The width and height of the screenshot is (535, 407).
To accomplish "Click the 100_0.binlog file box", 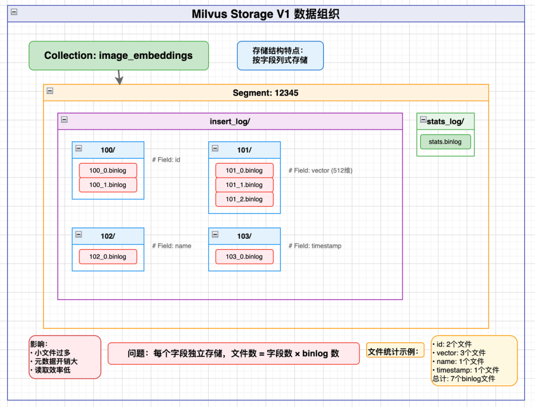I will tap(108, 170).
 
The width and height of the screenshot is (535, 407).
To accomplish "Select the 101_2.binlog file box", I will tap(244, 199).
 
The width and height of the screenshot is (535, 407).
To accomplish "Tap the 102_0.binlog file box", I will tap(108, 256).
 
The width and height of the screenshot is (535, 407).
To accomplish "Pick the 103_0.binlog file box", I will tap(244, 256).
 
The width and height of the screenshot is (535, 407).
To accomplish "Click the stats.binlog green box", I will tap(445, 142).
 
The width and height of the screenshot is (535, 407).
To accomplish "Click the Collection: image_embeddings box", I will tap(118, 55).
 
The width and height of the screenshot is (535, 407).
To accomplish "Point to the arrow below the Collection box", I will tap(119, 77).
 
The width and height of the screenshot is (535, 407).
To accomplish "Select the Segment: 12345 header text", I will tap(266, 93).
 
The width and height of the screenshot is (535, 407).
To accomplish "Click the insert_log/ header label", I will tap(230, 121).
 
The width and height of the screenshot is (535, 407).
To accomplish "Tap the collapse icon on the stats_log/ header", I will tap(423, 120).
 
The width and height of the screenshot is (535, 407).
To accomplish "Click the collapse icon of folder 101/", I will tap(215, 148).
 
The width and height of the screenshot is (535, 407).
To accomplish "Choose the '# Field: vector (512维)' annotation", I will tap(320, 170).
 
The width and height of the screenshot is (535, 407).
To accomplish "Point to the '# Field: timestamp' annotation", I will tap(315, 246).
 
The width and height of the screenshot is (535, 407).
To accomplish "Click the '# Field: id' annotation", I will tap(166, 159).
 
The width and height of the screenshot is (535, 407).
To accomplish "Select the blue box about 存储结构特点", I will tap(280, 55).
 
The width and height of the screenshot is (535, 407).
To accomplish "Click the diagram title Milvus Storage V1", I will tap(266, 14).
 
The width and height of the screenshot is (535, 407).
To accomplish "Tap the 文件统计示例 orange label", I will tap(395, 352).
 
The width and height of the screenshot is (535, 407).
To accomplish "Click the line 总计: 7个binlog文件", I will tap(463, 379).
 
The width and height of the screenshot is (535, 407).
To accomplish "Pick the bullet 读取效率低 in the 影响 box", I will tap(53, 370).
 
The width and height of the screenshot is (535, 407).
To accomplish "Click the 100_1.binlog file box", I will tap(108, 185).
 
